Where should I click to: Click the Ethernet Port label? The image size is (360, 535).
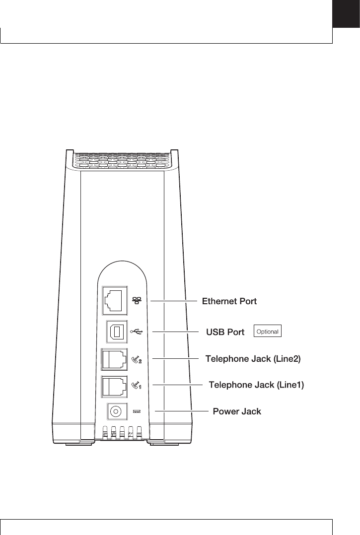[x=229, y=301]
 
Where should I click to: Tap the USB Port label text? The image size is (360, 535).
[x=225, y=332]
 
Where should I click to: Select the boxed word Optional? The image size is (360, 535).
[x=267, y=331]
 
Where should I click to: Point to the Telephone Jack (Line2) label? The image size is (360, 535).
[x=253, y=358]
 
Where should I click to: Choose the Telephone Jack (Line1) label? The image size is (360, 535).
[x=256, y=385]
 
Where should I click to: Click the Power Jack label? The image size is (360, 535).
[x=237, y=411]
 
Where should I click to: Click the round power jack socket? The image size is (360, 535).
[x=116, y=411]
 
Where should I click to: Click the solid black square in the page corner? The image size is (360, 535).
[x=346, y=14]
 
